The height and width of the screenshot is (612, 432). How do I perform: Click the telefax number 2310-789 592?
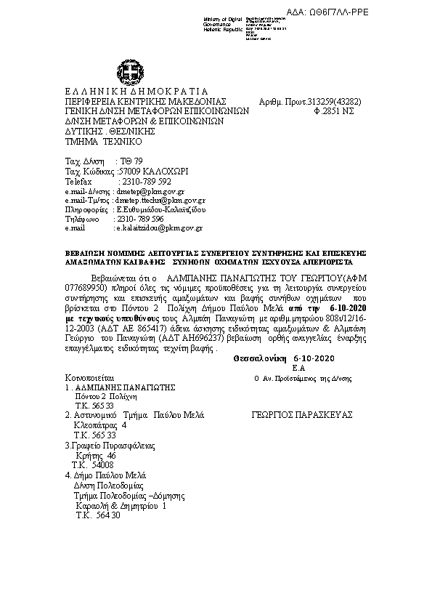coord(144,181)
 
